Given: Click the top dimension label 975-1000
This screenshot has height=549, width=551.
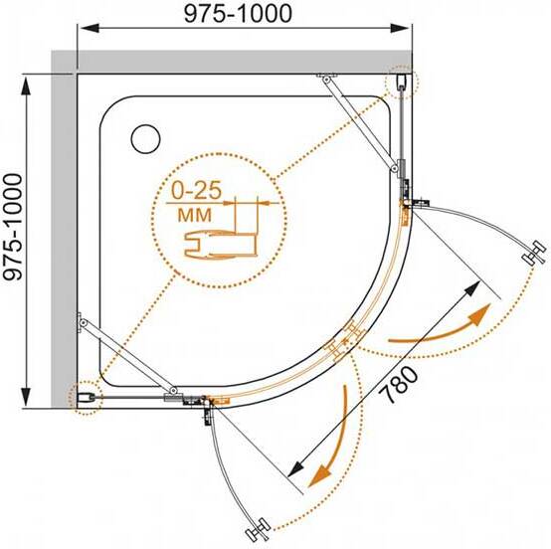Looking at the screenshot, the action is point(238,14).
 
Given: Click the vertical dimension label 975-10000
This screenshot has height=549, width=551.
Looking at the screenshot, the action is point(13,227).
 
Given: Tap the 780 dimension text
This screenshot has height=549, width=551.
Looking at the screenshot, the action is point(401,384).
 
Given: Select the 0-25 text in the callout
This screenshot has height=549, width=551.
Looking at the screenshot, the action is point(197,190).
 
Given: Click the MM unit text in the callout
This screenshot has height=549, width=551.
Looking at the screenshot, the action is point(195,215).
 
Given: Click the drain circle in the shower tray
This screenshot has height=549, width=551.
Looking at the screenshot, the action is point(146,138).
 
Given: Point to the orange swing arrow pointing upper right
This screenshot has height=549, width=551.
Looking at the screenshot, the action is point(443,326).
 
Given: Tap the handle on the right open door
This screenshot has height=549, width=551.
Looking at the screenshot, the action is point(534,253).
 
